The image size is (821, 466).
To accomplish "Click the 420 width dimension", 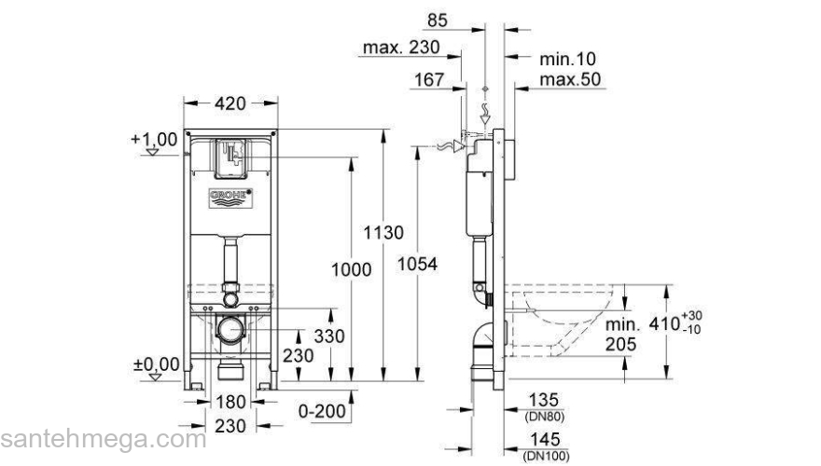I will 232,104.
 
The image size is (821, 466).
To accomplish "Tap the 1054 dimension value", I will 417,264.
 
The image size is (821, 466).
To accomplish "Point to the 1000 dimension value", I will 351,269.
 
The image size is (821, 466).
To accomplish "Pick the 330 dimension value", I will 328,336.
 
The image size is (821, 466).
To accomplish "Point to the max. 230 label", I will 402,47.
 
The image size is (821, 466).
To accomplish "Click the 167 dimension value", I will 429,81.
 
